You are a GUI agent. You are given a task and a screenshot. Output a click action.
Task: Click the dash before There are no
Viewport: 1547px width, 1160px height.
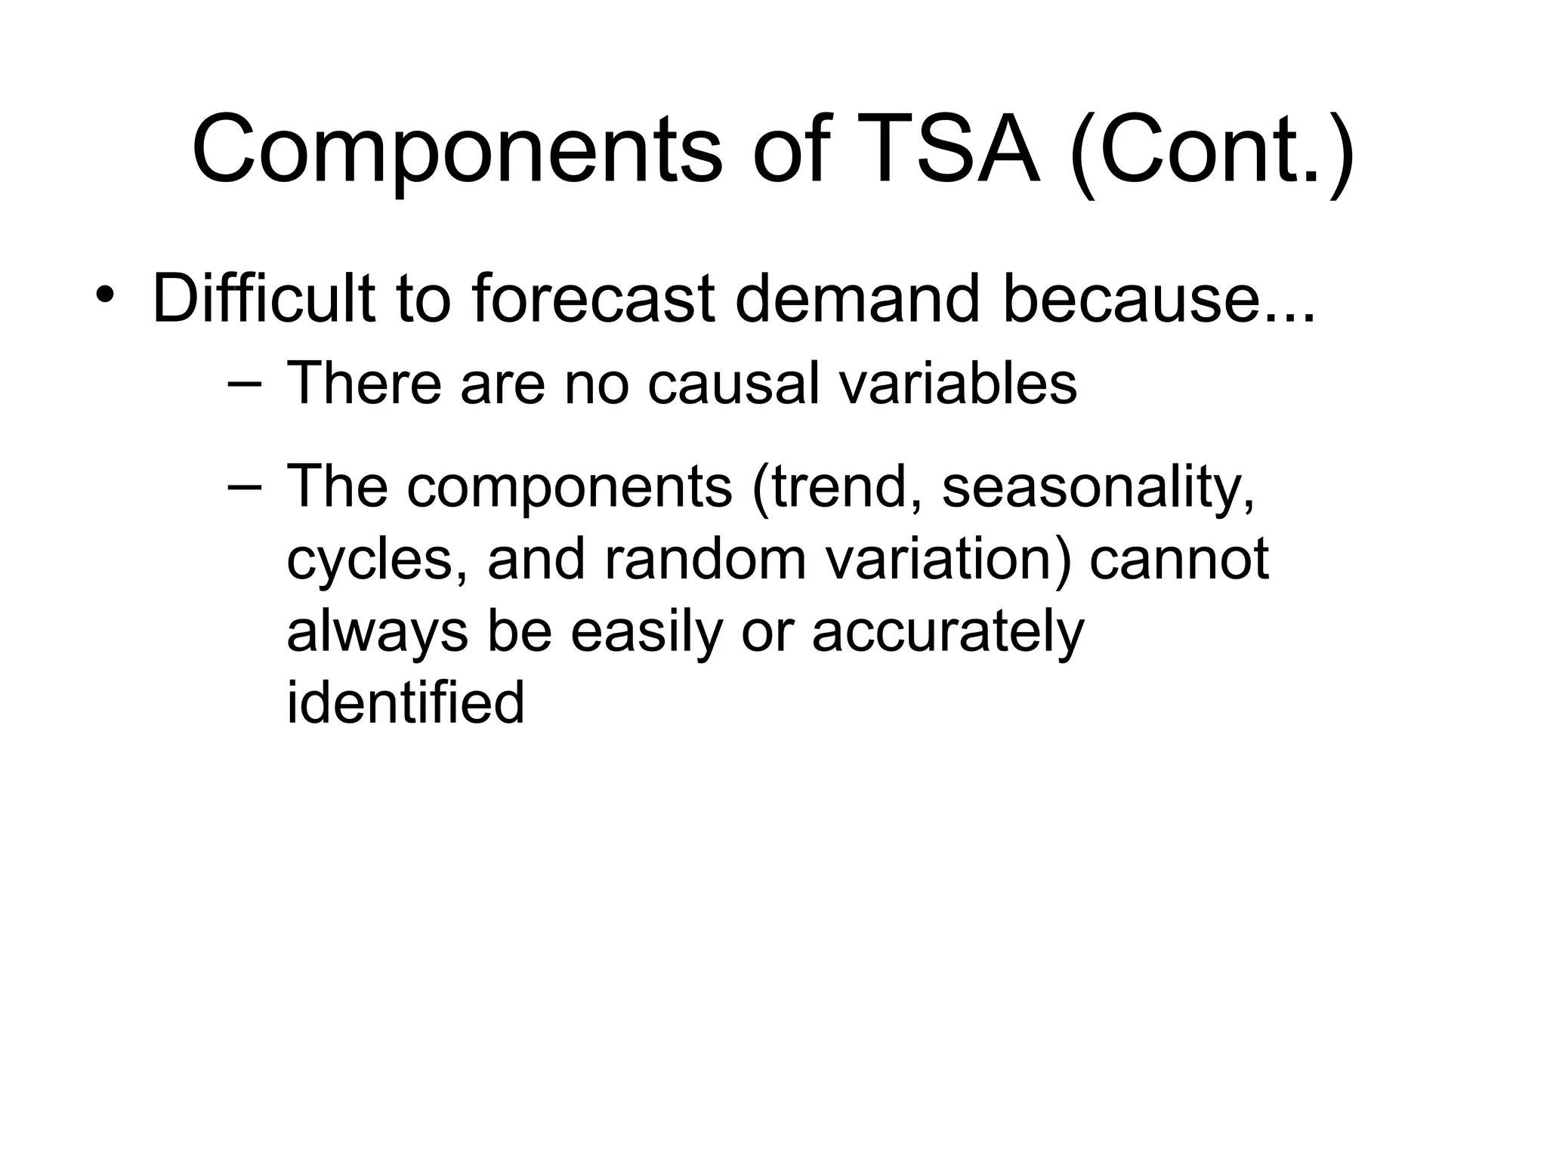pyautogui.click(x=244, y=384)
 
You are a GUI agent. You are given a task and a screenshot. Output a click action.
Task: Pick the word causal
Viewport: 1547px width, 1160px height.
pyautogui.click(x=733, y=384)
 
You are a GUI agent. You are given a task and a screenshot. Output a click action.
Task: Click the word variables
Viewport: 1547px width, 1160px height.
pyautogui.click(x=958, y=384)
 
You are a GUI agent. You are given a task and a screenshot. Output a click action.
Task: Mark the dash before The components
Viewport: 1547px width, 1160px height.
pyautogui.click(x=244, y=487)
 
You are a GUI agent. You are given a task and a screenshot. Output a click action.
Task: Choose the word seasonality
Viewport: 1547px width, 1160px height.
pyautogui.click(x=1098, y=489)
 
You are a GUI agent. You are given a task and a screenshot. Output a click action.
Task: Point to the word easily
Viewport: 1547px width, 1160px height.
pyautogui.click(x=647, y=633)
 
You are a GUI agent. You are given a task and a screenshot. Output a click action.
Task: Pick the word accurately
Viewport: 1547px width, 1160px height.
pyautogui.click(x=948, y=633)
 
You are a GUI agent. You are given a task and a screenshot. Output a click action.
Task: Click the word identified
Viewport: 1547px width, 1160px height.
pyautogui.click(x=405, y=702)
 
